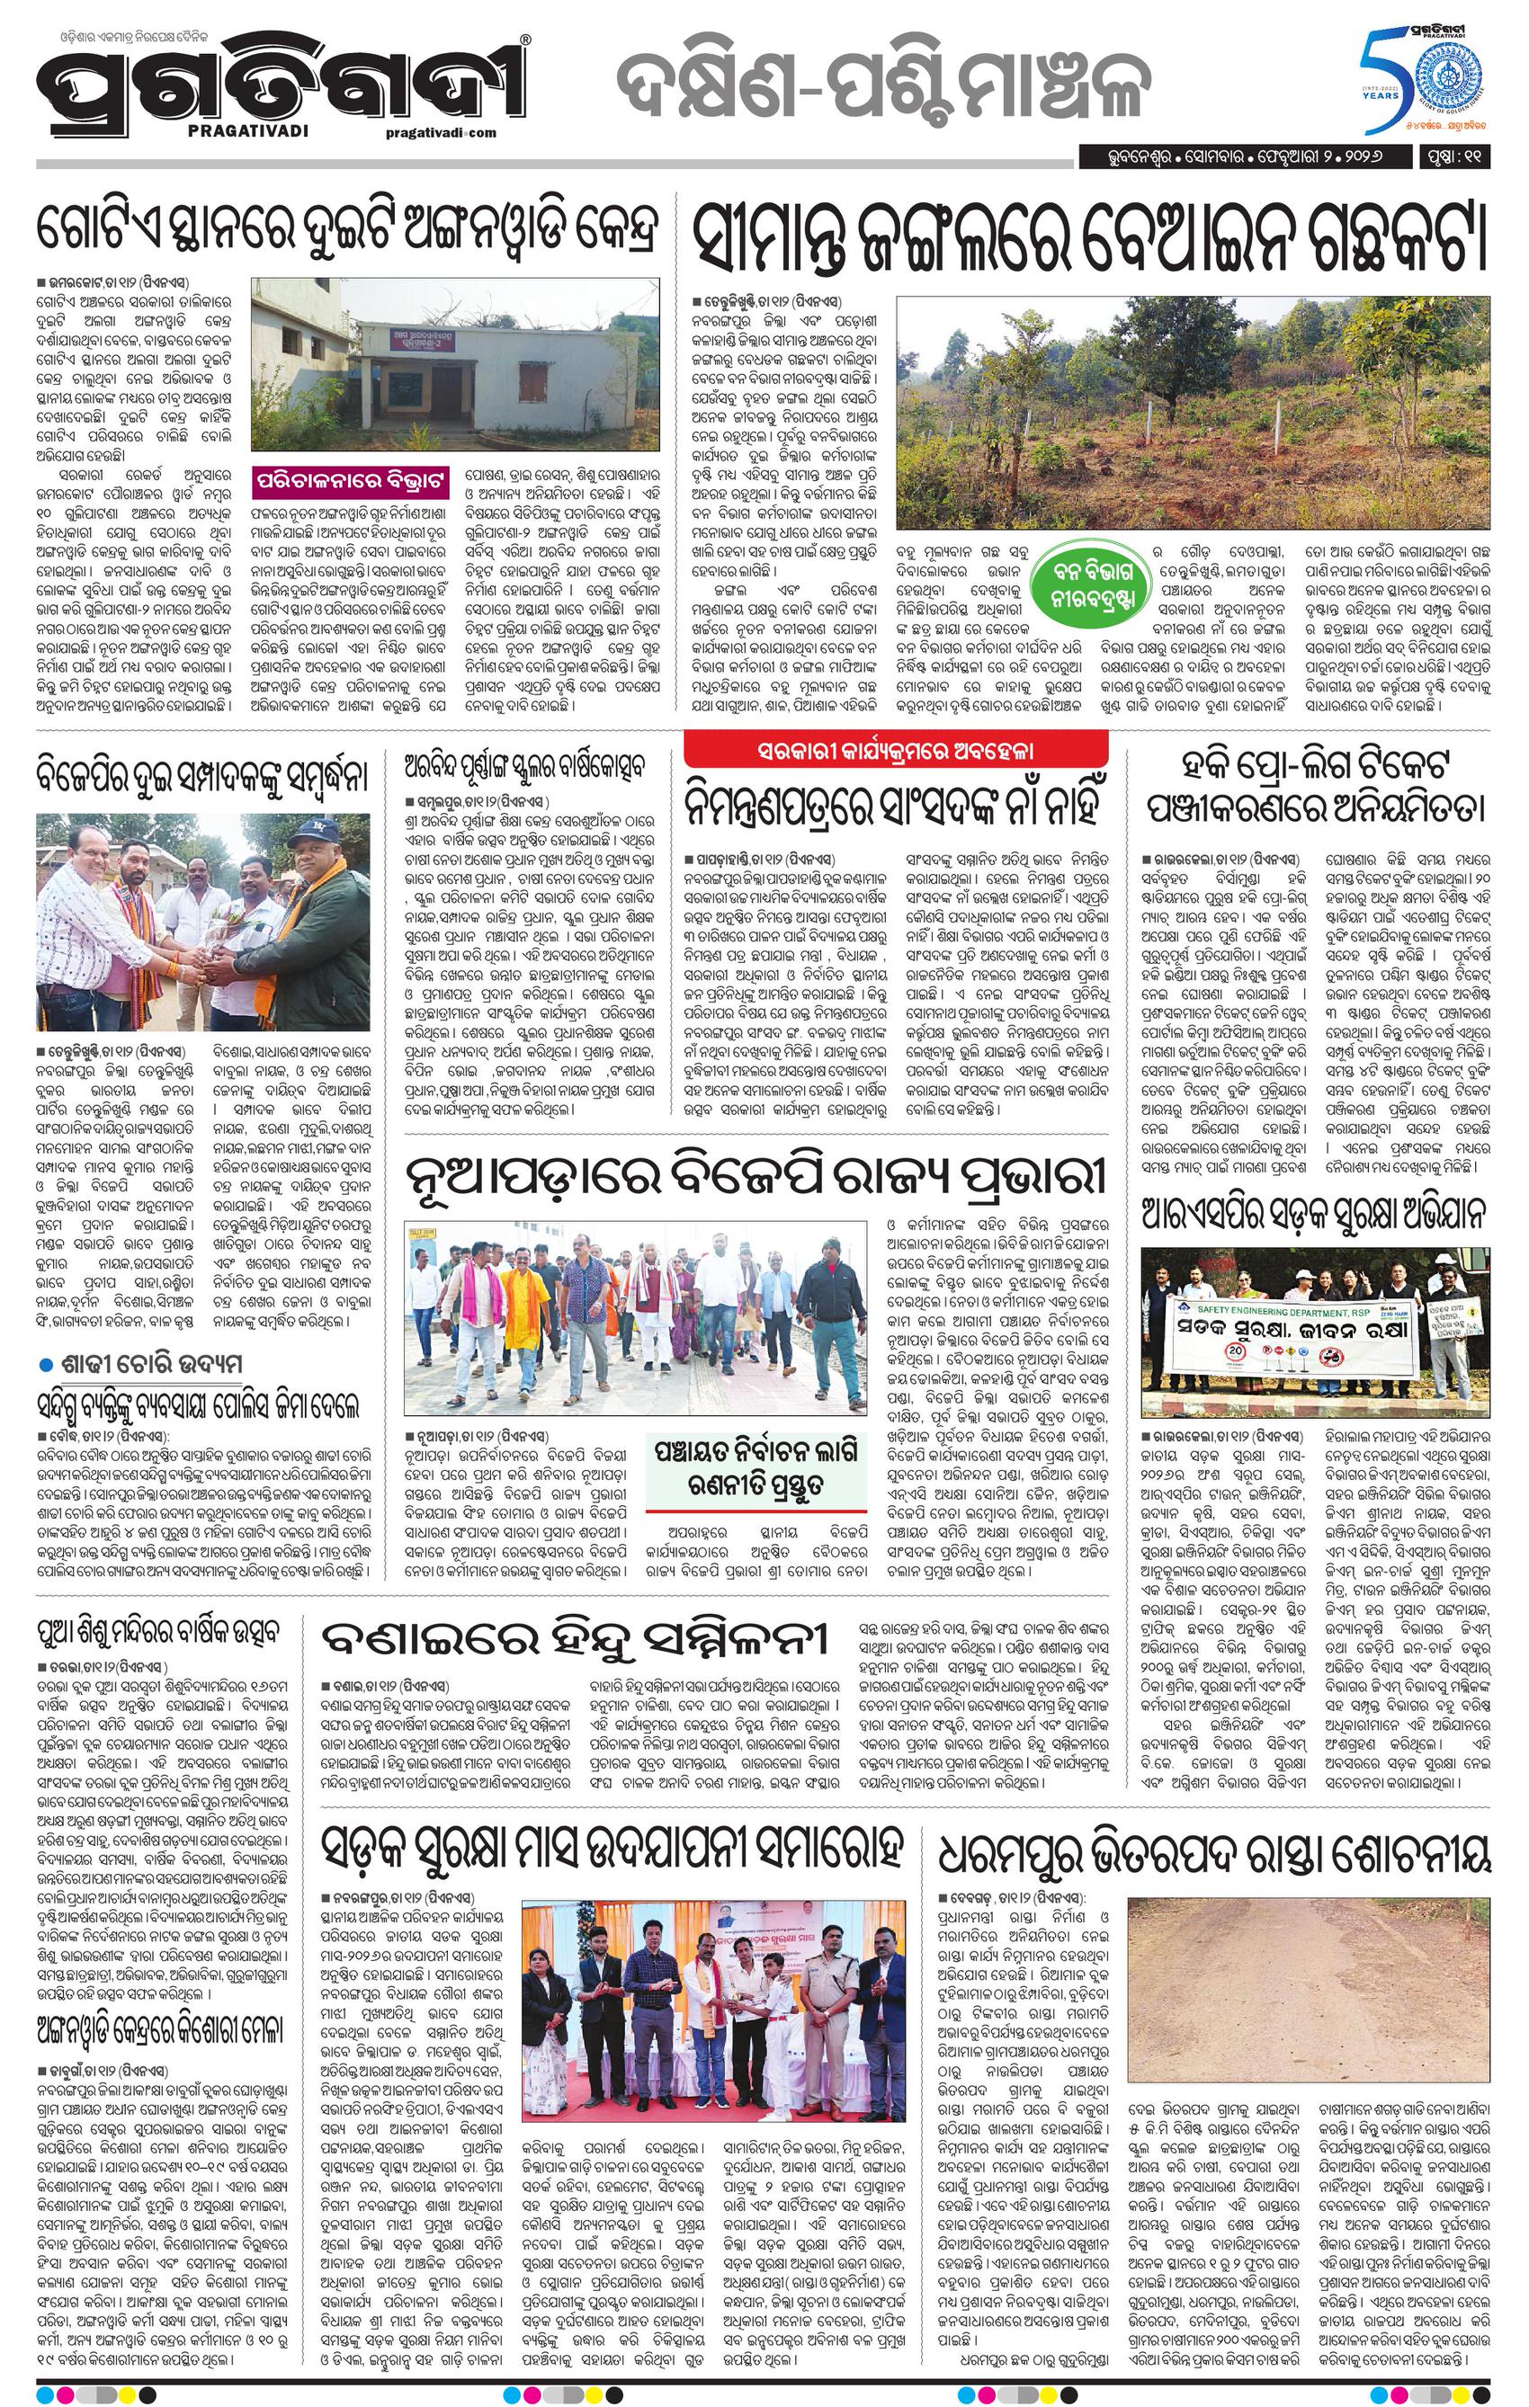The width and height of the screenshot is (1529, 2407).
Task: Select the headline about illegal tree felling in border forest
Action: pos(1091,241)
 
